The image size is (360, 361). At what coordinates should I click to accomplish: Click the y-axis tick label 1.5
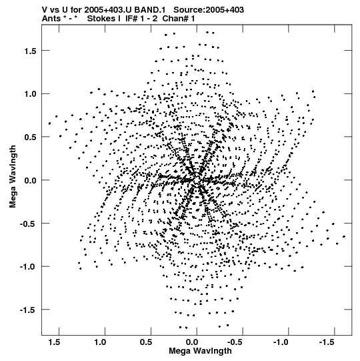31,51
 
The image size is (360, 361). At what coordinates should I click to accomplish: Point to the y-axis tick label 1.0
31,94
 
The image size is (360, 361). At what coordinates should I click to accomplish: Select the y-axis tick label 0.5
31,137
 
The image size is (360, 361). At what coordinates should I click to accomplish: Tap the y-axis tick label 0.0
31,180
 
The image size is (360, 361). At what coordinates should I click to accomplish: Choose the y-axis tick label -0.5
28,224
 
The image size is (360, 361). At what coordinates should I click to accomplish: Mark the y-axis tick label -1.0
28,267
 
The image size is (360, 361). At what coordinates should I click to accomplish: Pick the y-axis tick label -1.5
28,310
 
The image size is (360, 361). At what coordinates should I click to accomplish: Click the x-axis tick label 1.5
55,342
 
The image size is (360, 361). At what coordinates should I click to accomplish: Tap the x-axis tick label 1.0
101,342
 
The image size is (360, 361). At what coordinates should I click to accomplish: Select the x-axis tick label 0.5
146,342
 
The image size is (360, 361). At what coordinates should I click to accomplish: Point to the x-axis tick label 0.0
192,342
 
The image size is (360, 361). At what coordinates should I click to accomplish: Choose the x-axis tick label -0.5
236,342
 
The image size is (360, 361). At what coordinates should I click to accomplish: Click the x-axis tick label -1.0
282,342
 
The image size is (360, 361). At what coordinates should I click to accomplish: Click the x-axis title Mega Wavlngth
200,352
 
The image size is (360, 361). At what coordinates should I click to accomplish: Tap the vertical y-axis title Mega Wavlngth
13,177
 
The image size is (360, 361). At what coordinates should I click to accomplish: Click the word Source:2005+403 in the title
209,10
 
